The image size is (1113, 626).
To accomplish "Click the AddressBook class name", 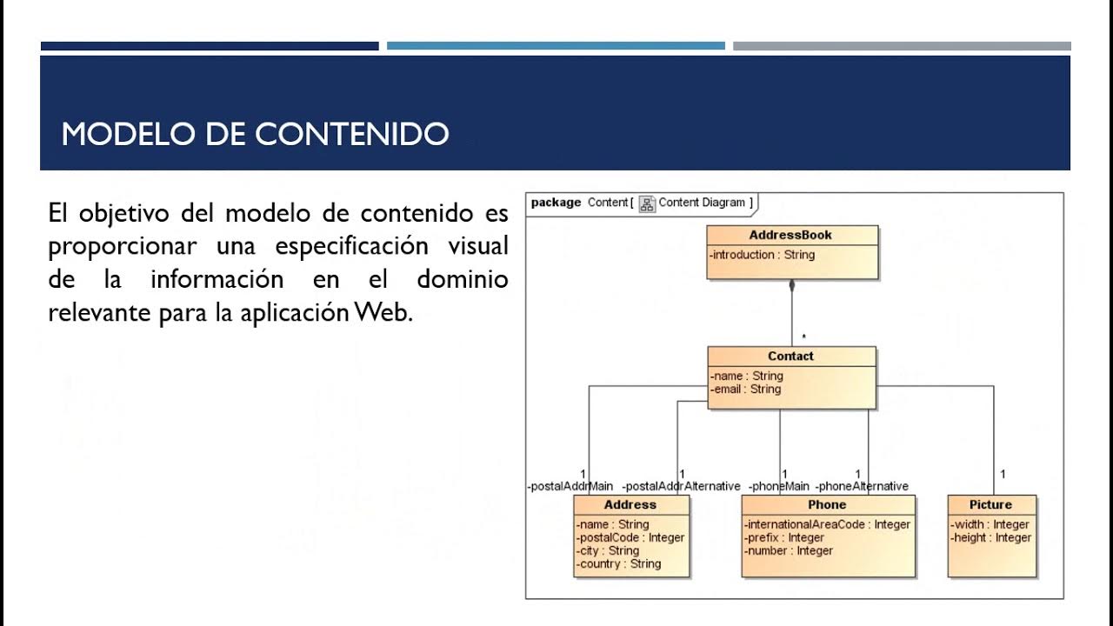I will [x=790, y=235].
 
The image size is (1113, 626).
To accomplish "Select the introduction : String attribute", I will [x=762, y=255].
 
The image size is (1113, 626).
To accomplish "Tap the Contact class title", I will [x=790, y=356].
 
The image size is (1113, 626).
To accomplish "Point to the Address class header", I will [x=630, y=504].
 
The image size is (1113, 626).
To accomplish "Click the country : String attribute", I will [x=618, y=564].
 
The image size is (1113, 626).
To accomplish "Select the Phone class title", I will [x=827, y=504].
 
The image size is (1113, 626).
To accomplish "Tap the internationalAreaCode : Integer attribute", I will [x=827, y=524].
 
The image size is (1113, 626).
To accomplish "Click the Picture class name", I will [x=990, y=504].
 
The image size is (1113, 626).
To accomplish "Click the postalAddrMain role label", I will [x=570, y=486].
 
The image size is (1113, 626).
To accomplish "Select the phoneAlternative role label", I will [x=862, y=486].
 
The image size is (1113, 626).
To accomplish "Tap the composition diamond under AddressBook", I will [x=791, y=286].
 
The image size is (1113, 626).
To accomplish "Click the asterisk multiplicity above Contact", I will [x=803, y=337].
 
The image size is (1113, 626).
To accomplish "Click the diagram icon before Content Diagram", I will [x=647, y=203].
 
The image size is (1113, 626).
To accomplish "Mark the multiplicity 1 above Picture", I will [x=1003, y=474].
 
